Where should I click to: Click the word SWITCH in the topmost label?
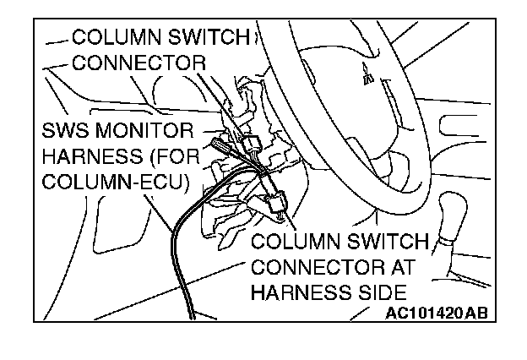pos(206,38)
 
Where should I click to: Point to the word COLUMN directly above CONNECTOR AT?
pos(296,242)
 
